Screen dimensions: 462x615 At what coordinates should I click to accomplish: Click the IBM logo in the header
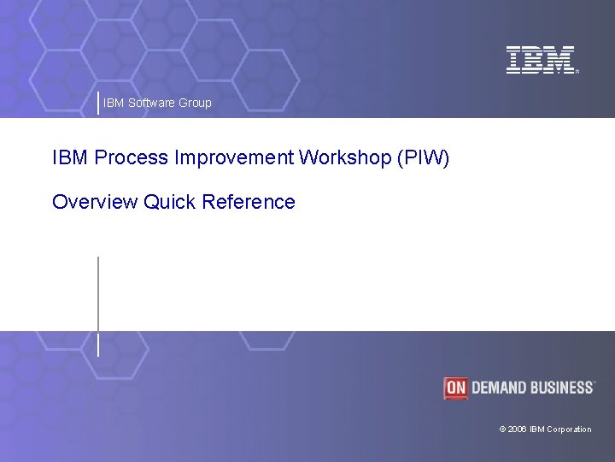[x=541, y=60]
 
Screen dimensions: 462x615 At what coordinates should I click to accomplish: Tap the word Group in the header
[x=196, y=103]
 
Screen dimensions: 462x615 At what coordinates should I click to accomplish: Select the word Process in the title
[x=132, y=157]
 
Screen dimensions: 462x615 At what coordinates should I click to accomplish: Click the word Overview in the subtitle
[x=95, y=203]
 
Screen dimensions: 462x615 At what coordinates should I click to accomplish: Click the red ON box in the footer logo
[x=456, y=388]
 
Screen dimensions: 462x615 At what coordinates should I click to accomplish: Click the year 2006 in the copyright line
[x=518, y=429]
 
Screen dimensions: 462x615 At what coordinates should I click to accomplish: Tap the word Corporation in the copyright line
[x=569, y=429]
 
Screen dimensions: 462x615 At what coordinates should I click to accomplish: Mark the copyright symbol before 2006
[x=502, y=429]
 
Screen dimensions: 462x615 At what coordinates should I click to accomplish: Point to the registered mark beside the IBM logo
[x=577, y=73]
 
